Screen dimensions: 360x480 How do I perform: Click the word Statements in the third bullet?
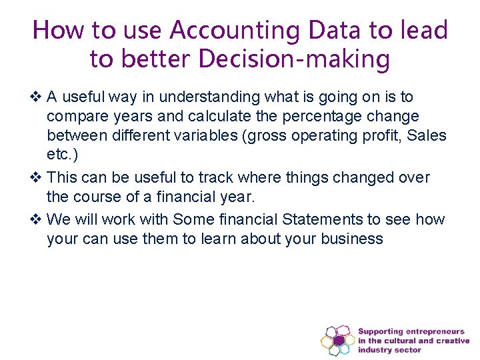point(319,219)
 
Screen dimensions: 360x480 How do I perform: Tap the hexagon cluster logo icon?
point(338,341)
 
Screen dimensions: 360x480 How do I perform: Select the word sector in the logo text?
point(407,350)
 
